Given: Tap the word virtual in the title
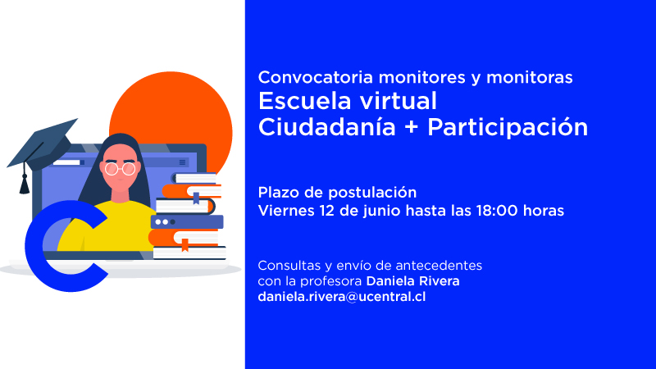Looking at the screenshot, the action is tap(399, 101).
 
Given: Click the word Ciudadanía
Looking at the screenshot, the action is tap(326, 127).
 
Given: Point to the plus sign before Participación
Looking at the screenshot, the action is tap(412, 128).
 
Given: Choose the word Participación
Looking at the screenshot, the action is tap(508, 128).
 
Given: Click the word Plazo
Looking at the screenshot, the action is tap(278, 193).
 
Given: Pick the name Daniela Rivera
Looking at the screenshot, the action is tap(413, 280).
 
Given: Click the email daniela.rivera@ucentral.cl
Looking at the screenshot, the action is tap(342, 297).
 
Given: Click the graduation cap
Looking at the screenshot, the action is tap(42, 146).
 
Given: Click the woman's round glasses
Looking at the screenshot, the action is tap(120, 169).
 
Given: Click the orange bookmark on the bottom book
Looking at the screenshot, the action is tap(184, 244).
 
